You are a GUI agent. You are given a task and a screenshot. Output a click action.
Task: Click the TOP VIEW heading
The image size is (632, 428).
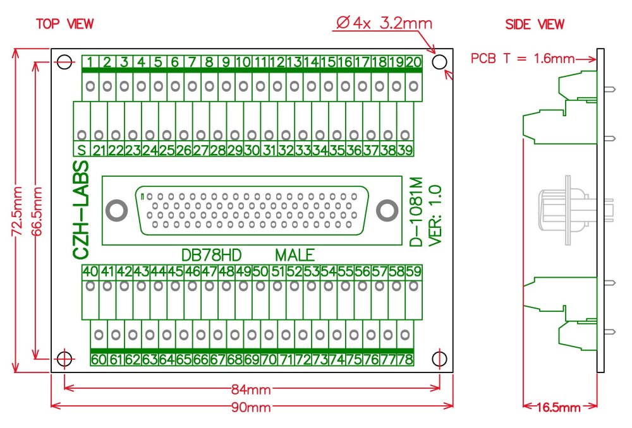(x=64, y=24)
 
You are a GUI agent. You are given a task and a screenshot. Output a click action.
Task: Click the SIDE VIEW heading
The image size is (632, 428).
(x=535, y=25)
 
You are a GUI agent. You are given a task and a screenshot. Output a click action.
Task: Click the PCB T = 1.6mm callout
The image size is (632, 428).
(x=522, y=59)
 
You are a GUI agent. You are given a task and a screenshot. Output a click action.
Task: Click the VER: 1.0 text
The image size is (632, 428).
(x=434, y=215)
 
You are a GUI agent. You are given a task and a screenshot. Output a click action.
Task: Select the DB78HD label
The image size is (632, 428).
(x=211, y=256)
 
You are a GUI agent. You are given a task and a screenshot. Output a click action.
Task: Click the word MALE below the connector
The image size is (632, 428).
(x=295, y=256)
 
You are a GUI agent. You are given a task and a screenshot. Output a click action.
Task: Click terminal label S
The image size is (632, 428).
(x=82, y=151)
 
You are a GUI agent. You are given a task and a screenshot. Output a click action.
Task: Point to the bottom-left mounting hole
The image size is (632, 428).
(x=64, y=359)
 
